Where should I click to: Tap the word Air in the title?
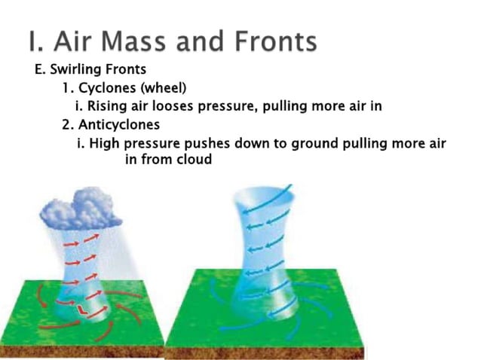point(66,41)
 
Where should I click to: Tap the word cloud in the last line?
point(195,159)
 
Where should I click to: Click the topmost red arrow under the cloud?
point(75,240)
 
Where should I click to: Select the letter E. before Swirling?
point(40,70)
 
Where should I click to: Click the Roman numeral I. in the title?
point(33,41)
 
